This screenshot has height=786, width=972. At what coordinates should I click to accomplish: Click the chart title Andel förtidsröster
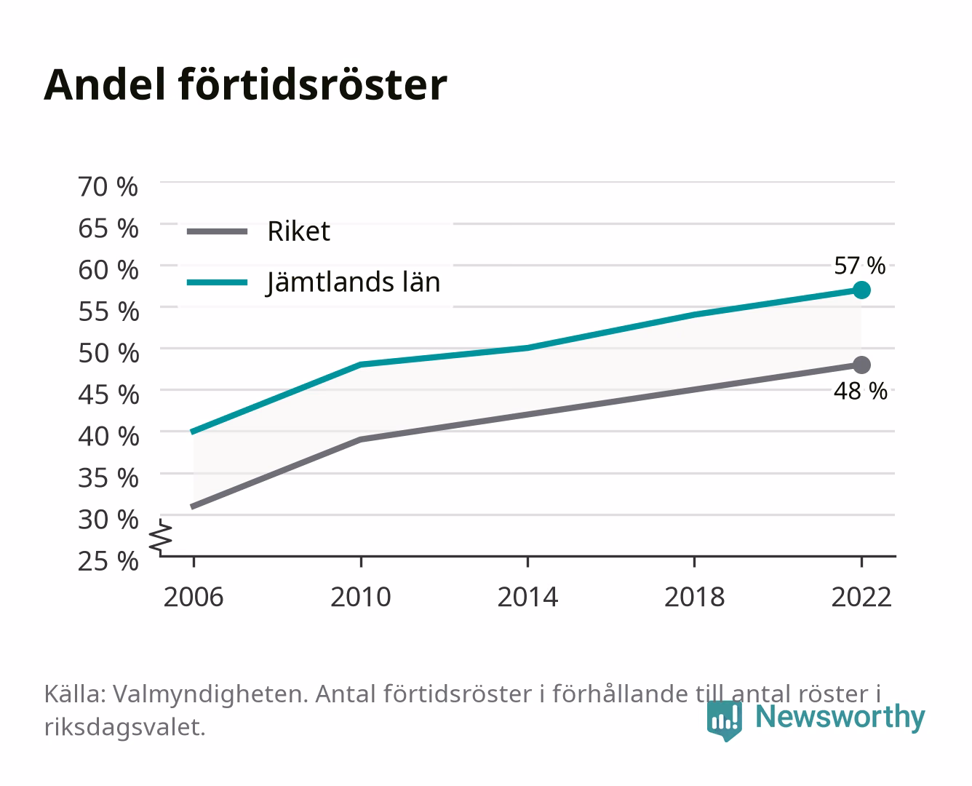point(245,85)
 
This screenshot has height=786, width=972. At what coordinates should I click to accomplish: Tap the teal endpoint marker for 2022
point(861,290)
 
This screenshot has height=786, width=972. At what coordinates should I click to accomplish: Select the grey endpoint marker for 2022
point(861,365)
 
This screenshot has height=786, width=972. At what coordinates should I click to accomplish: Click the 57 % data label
point(860,266)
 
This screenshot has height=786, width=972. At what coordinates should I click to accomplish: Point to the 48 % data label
point(861,391)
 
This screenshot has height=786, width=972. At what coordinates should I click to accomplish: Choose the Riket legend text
point(298,231)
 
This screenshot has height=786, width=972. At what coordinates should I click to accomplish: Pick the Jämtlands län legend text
point(353,282)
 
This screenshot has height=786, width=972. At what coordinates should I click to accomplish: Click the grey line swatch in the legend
point(218,231)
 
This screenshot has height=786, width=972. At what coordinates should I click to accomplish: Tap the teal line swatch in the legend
point(218,282)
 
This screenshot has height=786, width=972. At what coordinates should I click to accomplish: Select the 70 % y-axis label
point(108,187)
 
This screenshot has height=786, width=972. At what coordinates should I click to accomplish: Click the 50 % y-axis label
point(108,353)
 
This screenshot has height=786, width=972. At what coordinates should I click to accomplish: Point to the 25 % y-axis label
point(108,561)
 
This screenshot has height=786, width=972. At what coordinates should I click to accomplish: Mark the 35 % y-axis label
point(108,478)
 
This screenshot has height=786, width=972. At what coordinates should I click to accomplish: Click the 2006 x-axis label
point(194,597)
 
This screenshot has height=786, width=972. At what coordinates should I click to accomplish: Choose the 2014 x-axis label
point(527,597)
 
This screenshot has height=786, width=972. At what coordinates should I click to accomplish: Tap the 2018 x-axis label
point(695,597)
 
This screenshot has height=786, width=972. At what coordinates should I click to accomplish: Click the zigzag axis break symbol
point(161,537)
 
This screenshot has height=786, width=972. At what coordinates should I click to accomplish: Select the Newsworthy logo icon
point(725,720)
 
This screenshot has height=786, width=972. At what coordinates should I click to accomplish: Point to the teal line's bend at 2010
point(361,365)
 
